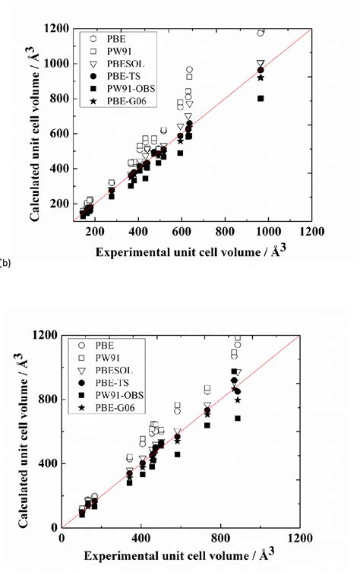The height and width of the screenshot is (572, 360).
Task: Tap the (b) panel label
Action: point(5,262)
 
